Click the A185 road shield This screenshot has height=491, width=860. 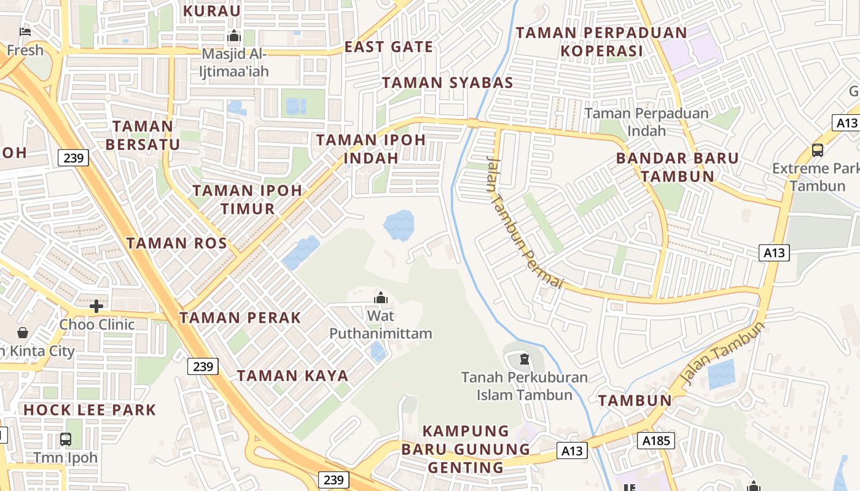[656, 440]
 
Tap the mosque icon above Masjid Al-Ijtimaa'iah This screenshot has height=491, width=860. [233, 37]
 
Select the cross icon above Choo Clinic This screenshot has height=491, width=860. [96, 306]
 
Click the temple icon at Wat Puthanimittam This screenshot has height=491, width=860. [381, 298]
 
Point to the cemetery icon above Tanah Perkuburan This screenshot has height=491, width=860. [524, 358]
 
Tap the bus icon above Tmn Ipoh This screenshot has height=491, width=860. [66, 439]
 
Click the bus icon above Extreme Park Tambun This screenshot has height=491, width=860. [817, 150]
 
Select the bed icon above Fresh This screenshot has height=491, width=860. [25, 31]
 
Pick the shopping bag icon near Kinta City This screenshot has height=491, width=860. [23, 333]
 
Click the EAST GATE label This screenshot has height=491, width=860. [388, 47]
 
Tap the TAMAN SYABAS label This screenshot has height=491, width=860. [447, 83]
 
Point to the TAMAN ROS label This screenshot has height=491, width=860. [177, 243]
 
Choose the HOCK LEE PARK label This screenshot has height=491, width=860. [90, 409]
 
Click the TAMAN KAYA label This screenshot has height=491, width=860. [292, 376]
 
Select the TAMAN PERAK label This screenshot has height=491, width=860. [240, 317]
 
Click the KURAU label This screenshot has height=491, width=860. [212, 10]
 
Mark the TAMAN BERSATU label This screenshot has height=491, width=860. [143, 135]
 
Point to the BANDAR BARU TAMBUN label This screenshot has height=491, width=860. [678, 167]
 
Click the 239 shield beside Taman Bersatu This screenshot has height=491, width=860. [74, 158]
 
